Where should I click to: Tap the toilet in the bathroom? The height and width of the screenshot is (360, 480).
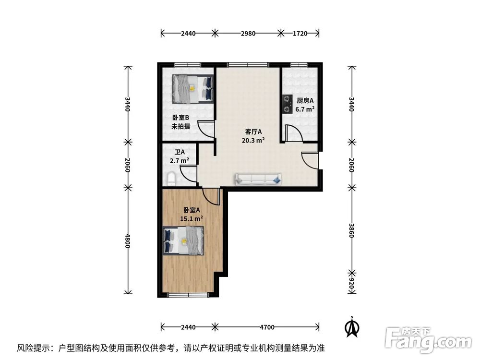[171, 179]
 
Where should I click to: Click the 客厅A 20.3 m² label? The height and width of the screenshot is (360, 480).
[253, 136]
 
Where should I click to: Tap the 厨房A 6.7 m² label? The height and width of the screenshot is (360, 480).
[305, 105]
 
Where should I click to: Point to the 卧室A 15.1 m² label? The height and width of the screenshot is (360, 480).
[191, 214]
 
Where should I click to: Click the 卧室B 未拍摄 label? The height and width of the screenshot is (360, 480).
[181, 122]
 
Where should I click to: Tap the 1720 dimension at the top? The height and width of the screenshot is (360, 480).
[300, 34]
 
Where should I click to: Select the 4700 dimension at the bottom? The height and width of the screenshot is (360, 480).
[267, 327]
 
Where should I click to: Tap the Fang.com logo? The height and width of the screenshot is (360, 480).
[429, 340]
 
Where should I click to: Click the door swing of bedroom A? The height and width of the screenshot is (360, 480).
[210, 196]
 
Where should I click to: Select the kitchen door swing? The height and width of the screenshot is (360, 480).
[293, 133]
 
